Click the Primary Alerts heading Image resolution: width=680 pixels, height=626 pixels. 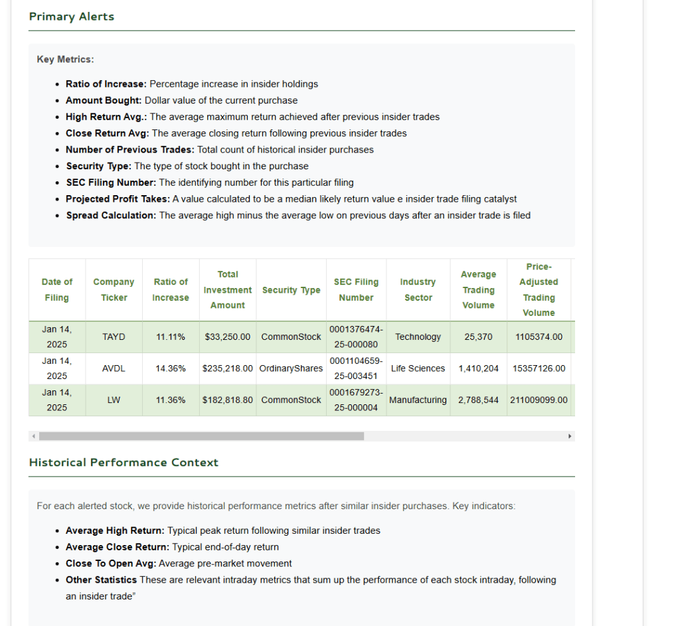point(72,17)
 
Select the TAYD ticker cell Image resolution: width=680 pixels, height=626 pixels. point(114,337)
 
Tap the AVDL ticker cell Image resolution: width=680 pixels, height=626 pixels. point(114,368)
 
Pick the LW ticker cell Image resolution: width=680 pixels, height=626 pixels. point(114,400)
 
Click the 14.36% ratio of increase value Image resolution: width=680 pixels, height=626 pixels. point(171,368)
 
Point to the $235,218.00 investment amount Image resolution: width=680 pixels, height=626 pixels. point(228,368)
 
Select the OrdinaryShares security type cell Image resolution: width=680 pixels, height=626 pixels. point(291,368)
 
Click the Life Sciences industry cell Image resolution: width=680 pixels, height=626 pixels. point(418,368)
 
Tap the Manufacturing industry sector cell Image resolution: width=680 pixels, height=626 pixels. point(418,400)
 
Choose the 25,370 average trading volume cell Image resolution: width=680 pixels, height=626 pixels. point(479,337)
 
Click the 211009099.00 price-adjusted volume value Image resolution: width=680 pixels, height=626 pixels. point(539,400)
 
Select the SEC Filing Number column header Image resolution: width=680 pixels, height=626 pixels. point(356,290)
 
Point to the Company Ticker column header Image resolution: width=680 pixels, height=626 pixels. point(114,290)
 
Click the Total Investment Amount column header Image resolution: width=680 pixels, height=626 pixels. point(228,289)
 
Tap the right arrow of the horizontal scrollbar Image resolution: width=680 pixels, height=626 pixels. point(569,436)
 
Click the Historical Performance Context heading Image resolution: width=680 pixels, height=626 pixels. point(124,463)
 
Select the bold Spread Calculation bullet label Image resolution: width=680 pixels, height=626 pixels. point(111,215)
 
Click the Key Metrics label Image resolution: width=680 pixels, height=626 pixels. point(65,60)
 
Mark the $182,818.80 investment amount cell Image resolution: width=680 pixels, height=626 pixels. point(228,400)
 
